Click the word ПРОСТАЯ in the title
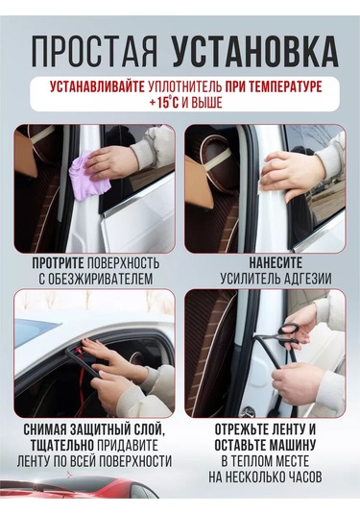(95, 52)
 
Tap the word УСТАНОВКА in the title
(255, 52)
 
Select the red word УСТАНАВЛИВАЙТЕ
(97, 86)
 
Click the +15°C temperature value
(163, 103)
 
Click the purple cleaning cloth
(88, 178)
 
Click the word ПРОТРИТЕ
(58, 263)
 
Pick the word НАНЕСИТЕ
(276, 263)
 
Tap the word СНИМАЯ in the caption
(45, 429)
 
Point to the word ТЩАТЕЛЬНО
(63, 446)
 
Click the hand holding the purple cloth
(109, 162)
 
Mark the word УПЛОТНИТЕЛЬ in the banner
(185, 86)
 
